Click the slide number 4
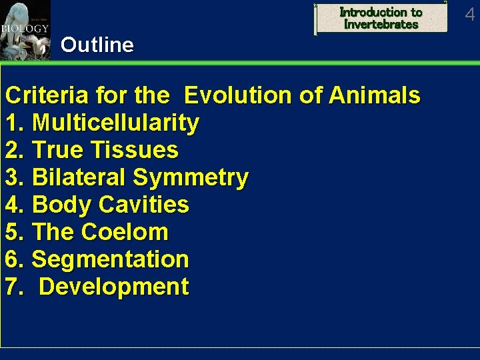[469, 13]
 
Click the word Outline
[97, 45]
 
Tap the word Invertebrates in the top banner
[381, 25]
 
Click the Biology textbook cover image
[25, 31]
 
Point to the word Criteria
[46, 95]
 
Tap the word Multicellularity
[115, 123]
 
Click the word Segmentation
[110, 259]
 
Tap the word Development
[114, 287]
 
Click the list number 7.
[13, 287]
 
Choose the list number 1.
[13, 123]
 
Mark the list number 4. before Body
[13, 205]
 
